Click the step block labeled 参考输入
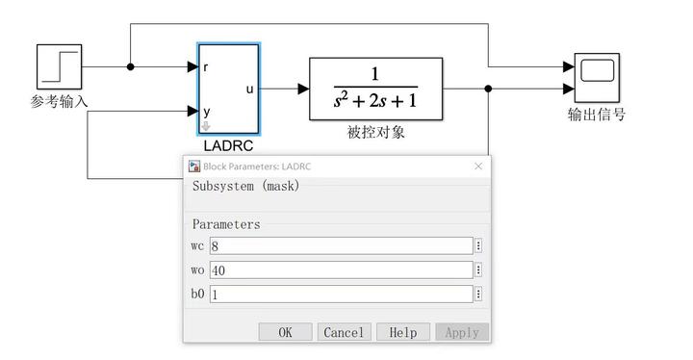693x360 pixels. (60, 66)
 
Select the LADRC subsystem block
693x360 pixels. (228, 89)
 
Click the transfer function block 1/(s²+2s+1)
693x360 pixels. (375, 89)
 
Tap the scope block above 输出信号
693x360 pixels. (597, 78)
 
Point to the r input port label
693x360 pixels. (206, 67)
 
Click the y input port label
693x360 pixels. (206, 112)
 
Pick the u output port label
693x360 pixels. (249, 90)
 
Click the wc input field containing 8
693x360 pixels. (341, 245)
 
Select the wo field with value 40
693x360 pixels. (341, 270)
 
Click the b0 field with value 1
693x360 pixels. (341, 295)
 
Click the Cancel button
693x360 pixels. (344, 332)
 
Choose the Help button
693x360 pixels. (403, 332)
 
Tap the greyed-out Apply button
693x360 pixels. (462, 332)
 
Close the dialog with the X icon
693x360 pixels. (478, 167)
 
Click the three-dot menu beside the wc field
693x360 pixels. (478, 245)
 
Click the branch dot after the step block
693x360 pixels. (130, 66)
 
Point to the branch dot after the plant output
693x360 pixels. (488, 89)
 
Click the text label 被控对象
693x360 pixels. (375, 132)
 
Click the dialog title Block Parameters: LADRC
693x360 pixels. (257, 167)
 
